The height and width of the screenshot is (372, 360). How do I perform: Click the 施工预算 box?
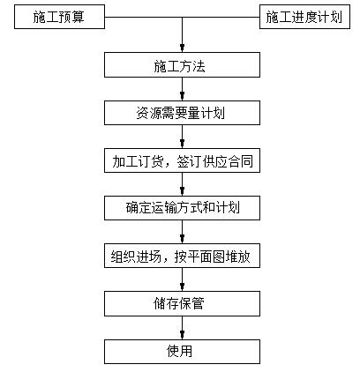57,17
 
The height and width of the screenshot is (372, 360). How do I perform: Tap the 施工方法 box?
183,65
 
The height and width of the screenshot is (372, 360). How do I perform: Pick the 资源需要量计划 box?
183,113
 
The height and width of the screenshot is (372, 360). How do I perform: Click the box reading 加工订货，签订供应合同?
183,161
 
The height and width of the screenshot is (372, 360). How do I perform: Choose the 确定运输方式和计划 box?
183,209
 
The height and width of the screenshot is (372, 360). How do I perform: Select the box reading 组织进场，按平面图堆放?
183,257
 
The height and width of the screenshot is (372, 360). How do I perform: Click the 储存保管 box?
183,304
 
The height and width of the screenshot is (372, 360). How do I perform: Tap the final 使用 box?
183,352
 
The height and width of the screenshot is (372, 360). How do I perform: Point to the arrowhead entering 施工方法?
183,48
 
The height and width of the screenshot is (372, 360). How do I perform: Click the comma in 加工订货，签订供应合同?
170,165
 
